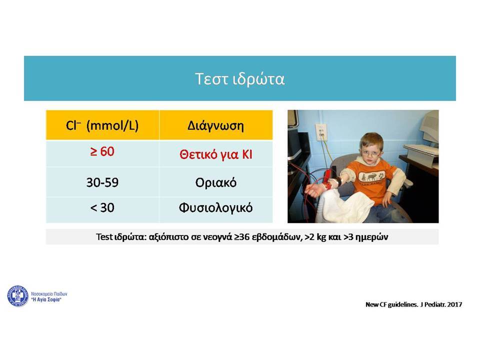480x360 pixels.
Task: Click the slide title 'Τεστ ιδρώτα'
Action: (x=239, y=78)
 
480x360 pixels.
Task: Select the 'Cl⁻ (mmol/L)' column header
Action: (x=102, y=125)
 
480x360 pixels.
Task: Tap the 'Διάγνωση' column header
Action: (x=216, y=125)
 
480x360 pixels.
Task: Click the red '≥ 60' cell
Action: (x=102, y=151)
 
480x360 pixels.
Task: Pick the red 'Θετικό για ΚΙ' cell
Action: (x=216, y=154)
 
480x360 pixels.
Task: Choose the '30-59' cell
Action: (x=102, y=182)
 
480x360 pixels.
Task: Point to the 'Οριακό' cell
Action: (x=216, y=182)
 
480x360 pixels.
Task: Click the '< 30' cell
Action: (x=102, y=208)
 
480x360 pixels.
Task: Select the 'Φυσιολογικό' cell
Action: (x=216, y=208)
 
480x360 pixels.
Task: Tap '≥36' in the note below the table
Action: (x=242, y=237)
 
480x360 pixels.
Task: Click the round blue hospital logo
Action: (x=18, y=295)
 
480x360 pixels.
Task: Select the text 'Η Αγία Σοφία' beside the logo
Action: (x=46, y=299)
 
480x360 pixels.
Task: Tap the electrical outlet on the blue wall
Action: (x=321, y=132)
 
